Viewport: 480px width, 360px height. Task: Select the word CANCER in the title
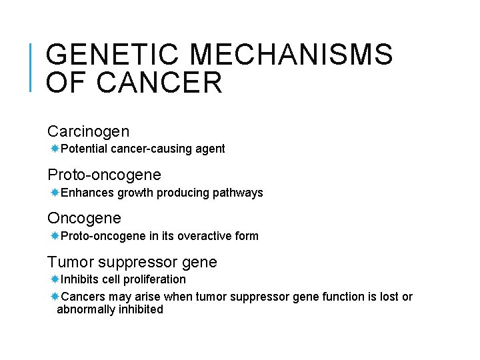(x=159, y=83)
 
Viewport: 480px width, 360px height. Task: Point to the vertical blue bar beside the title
(x=32, y=66)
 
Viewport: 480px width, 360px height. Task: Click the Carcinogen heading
(x=88, y=131)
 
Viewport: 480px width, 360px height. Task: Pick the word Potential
(x=84, y=149)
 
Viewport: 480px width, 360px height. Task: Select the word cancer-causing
(x=142, y=149)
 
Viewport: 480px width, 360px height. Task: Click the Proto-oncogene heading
(x=104, y=175)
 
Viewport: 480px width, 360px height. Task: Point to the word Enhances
(x=87, y=193)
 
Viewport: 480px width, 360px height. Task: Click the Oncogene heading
(x=84, y=218)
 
